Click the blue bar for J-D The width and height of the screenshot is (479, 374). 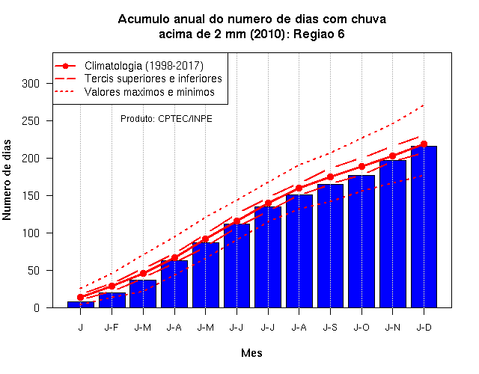coord(424,227)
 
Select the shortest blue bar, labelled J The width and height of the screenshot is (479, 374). coord(81,304)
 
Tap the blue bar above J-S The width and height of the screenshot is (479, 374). coord(330,246)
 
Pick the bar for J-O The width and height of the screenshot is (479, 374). coord(361,242)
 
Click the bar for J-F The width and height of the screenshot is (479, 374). coord(112,300)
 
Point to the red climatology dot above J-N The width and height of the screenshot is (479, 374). coord(392,156)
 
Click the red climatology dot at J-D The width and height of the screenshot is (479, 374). coord(424,144)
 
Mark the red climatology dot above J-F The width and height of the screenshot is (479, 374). coord(112,286)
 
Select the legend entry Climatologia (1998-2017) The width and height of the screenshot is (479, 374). coord(129,66)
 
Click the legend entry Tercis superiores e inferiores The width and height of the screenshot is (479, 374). coord(138,79)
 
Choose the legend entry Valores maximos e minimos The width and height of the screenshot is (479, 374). coord(135,91)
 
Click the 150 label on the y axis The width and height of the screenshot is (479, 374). coord(31,196)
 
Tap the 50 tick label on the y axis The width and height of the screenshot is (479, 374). coord(34,271)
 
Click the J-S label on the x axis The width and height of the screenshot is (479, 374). coord(330,328)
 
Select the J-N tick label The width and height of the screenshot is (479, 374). coord(392,328)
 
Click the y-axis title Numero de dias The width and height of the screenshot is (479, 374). coord(7,180)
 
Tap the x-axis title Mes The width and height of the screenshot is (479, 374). coord(251,353)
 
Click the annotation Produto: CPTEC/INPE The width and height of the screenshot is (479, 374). coord(166,118)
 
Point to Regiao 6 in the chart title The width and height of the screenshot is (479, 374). coord(319,34)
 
